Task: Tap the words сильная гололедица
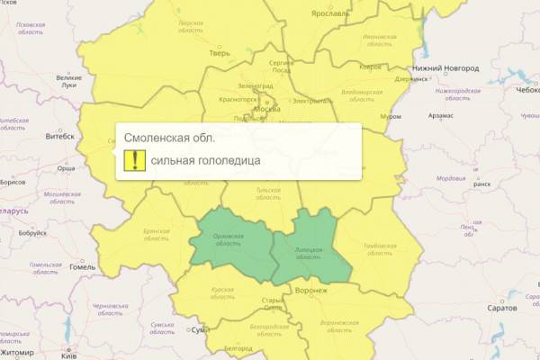tap(205, 160)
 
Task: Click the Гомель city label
tap(82, 267)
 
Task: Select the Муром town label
tap(391, 116)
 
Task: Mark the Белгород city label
tap(238, 346)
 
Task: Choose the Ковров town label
tap(345, 67)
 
